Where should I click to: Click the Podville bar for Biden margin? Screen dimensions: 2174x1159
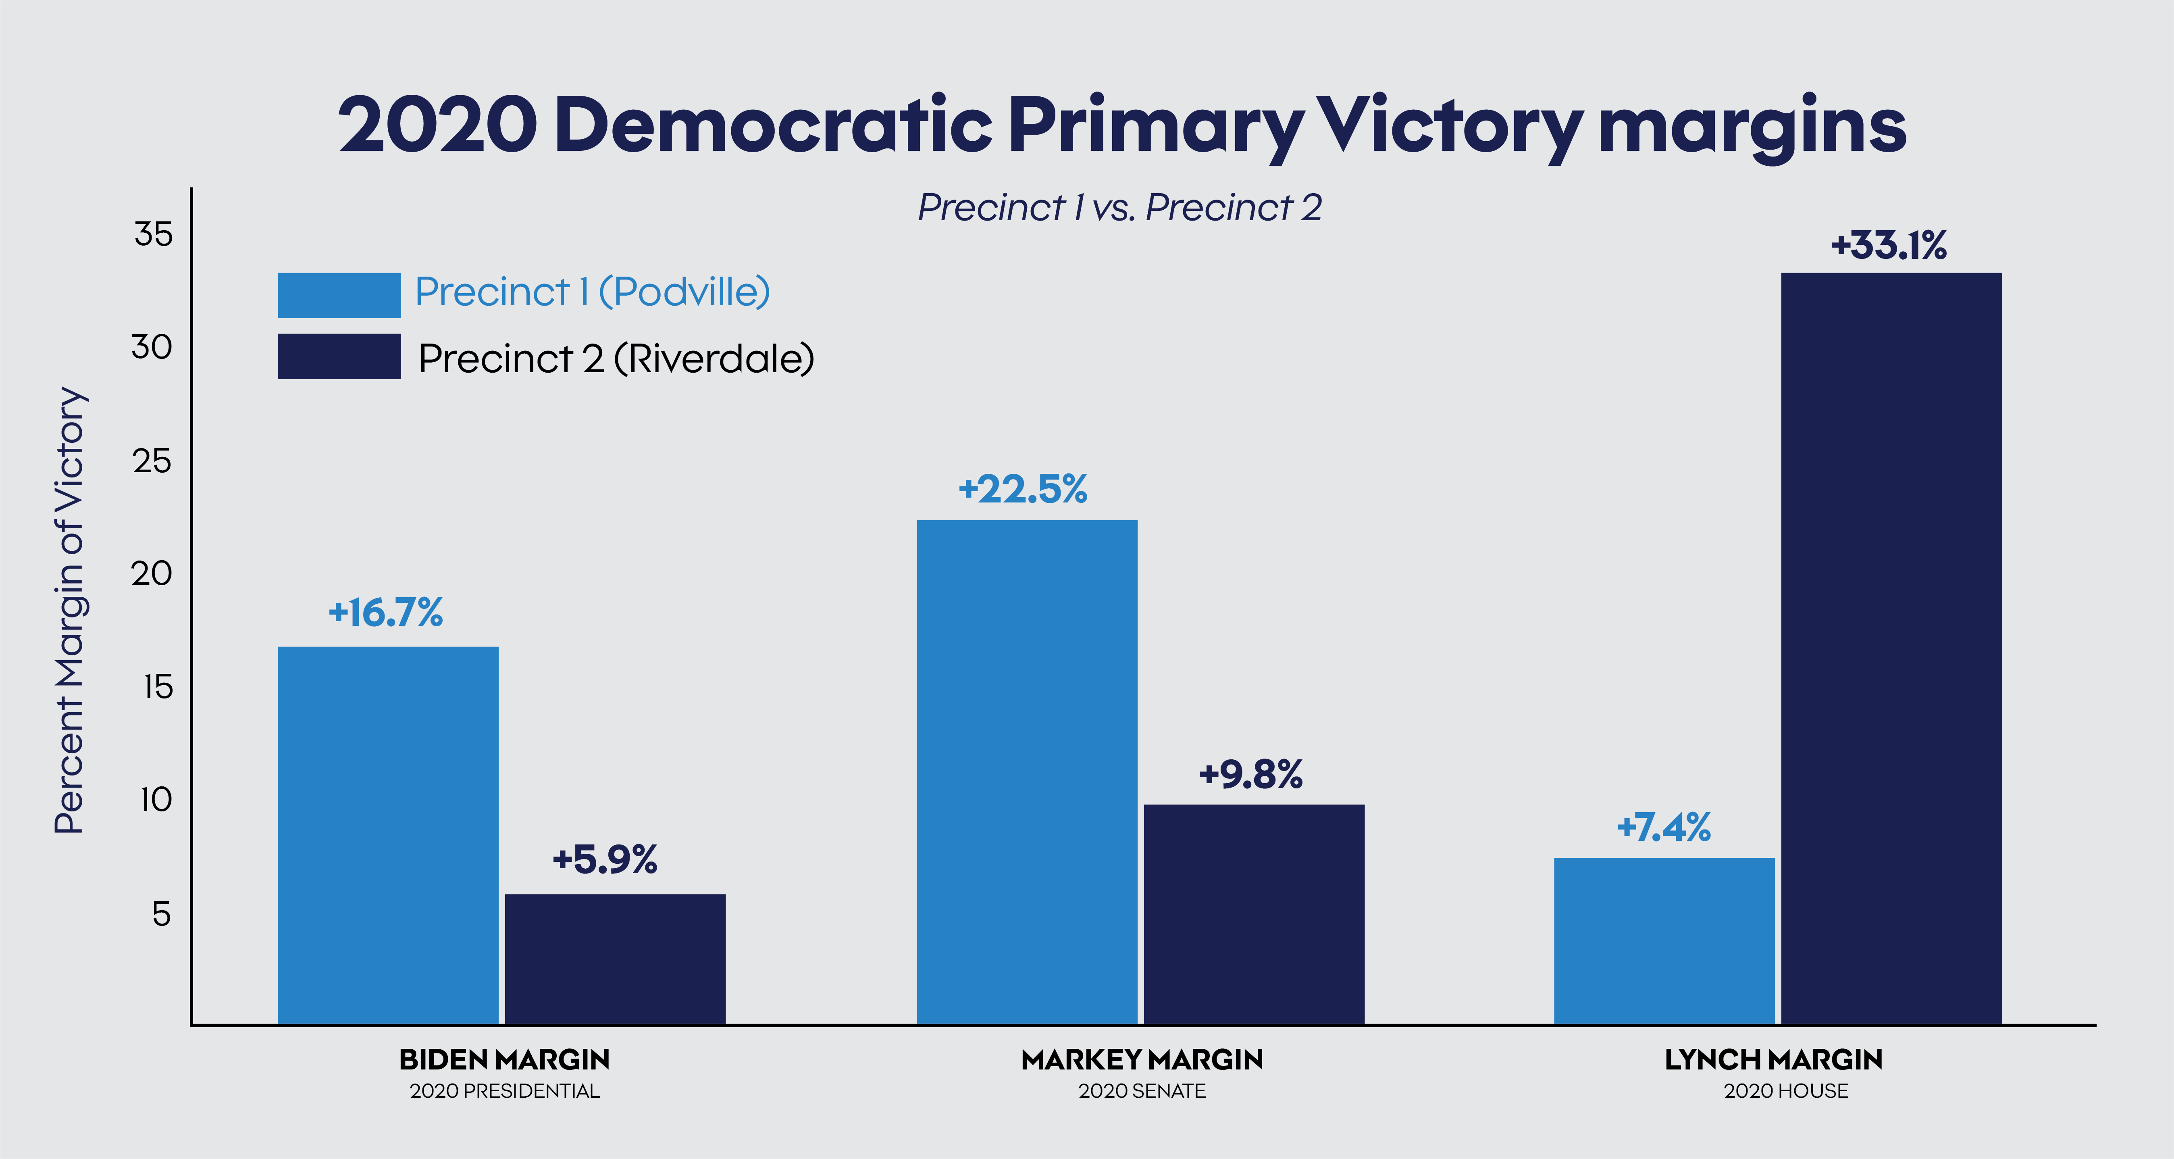click(x=388, y=836)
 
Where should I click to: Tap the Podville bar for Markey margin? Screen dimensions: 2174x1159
click(x=1027, y=772)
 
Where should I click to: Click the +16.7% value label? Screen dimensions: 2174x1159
click(x=386, y=613)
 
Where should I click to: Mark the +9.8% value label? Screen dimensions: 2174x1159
click(x=1251, y=774)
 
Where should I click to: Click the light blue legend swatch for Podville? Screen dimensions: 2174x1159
click(x=339, y=296)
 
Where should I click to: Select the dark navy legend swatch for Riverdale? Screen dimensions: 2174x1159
click(x=339, y=356)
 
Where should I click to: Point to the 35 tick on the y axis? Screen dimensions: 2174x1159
click(x=154, y=234)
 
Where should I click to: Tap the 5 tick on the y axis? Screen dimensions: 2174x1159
click(x=161, y=914)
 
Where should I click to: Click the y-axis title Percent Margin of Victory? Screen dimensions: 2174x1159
click(x=70, y=610)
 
